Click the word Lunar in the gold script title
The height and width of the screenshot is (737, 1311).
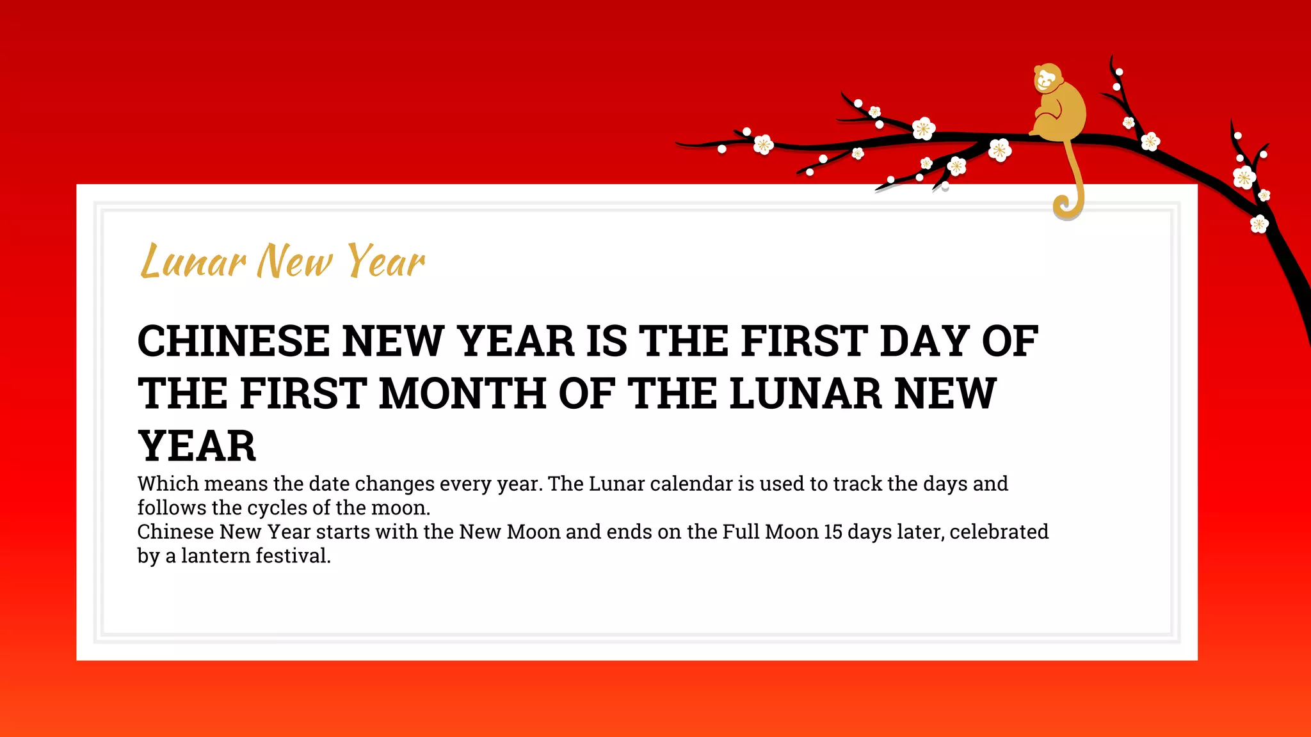click(x=193, y=261)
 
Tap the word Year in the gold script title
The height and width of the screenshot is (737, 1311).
click(x=385, y=261)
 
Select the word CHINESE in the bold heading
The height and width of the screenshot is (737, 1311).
click(x=233, y=341)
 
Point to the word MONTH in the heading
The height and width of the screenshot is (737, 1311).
click(x=462, y=393)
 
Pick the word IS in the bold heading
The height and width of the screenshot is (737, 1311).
click(x=607, y=341)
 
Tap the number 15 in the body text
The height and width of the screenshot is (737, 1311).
click(x=833, y=532)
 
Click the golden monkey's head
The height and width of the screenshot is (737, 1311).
click(x=1047, y=79)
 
